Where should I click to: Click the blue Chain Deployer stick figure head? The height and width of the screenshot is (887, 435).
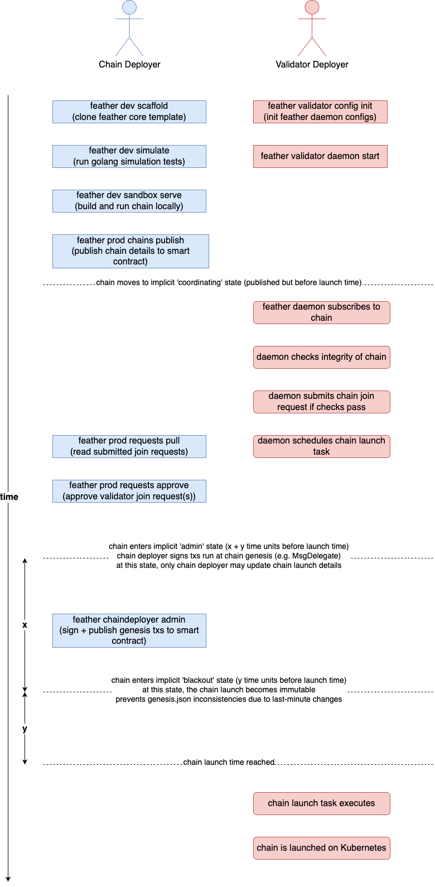(x=129, y=7)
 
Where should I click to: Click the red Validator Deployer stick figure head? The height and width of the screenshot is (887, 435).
(x=312, y=7)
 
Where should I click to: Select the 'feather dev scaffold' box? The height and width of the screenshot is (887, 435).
(x=129, y=112)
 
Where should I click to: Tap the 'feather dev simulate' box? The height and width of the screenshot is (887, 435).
(x=129, y=156)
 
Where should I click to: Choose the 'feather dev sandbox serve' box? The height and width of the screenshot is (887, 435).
(x=129, y=201)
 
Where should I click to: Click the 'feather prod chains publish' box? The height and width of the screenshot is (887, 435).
(x=130, y=251)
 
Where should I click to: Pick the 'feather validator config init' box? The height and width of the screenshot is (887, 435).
(x=320, y=112)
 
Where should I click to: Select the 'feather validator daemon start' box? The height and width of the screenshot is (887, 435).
(x=320, y=156)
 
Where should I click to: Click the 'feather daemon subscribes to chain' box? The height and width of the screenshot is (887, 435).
(x=321, y=312)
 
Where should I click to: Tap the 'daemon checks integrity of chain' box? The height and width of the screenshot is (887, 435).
(x=321, y=357)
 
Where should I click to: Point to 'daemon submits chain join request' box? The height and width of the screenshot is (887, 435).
(x=321, y=402)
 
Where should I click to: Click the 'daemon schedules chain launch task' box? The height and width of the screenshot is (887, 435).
(x=321, y=446)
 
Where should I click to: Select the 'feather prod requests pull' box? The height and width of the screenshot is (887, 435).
(x=129, y=446)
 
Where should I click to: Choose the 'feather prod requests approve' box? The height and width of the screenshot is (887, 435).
(x=129, y=491)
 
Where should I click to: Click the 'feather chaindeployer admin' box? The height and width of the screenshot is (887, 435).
(x=129, y=630)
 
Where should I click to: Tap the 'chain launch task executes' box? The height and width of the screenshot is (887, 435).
(x=321, y=803)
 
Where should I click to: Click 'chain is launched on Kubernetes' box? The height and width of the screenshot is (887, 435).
(x=321, y=848)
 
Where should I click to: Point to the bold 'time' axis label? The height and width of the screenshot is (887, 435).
(x=9, y=497)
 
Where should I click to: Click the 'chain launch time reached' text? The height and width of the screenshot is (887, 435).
(x=229, y=762)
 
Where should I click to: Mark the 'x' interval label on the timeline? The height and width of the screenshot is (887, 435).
(x=25, y=625)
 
